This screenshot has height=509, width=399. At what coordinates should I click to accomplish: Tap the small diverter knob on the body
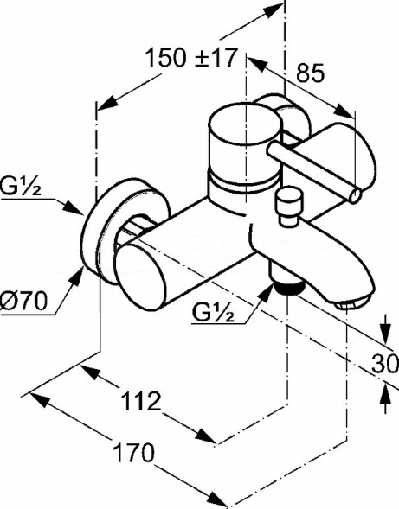[x=286, y=206]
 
